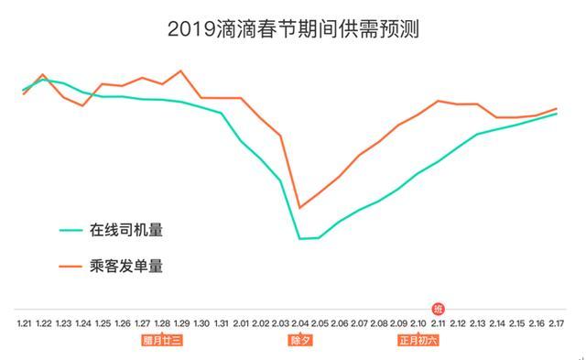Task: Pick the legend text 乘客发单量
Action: coord(126,267)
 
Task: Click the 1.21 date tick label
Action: coord(24,323)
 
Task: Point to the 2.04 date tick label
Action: coord(300,323)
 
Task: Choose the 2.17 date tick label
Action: coord(557,323)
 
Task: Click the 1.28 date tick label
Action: coord(162,323)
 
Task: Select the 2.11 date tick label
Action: coord(439,323)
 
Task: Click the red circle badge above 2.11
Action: coord(439,308)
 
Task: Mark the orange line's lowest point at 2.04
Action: coord(299,208)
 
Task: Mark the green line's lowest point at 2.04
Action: coord(299,239)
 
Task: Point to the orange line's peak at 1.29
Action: coord(181,71)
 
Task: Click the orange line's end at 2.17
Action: coord(557,109)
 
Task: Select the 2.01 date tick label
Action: coord(241,323)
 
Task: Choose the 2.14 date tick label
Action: coord(497,323)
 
